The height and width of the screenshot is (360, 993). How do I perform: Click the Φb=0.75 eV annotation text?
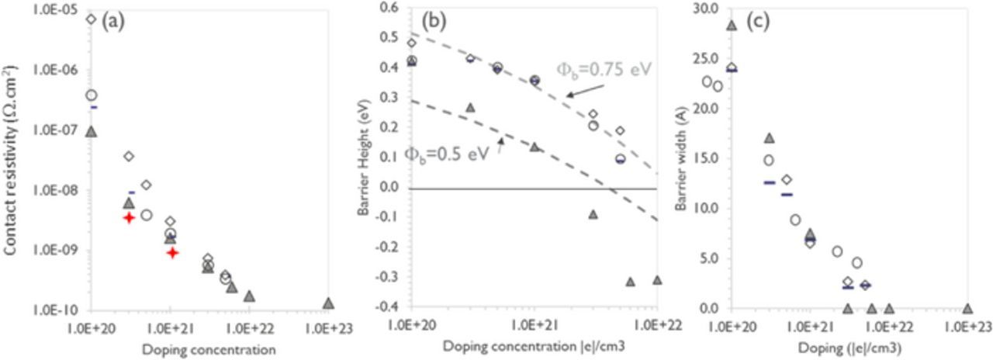pos(604,71)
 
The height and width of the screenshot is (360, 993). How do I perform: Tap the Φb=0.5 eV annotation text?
pos(446,154)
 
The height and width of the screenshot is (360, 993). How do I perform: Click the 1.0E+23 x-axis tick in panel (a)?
pos(329,327)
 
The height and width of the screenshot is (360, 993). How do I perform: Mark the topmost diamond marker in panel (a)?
pos(91,19)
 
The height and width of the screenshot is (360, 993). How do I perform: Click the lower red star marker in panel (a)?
pos(172,252)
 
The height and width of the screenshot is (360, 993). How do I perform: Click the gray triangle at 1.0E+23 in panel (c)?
pos(967,308)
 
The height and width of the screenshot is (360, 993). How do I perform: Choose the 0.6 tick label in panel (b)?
pos(388,7)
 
